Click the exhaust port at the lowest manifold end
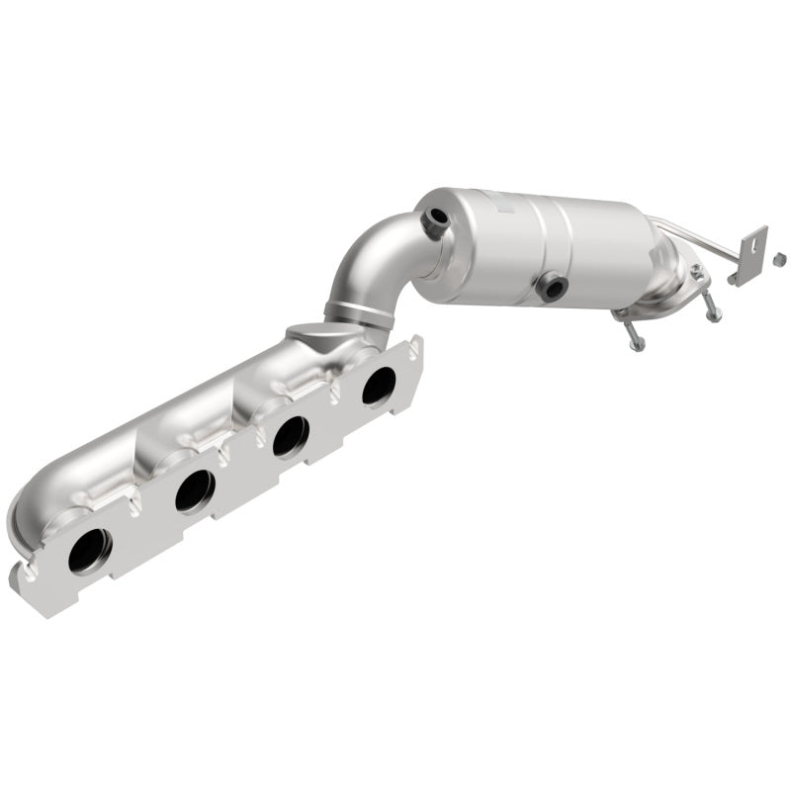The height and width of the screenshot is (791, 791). [x=89, y=550]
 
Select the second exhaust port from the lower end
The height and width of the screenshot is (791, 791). [x=195, y=489]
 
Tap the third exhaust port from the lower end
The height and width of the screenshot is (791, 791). [x=289, y=435]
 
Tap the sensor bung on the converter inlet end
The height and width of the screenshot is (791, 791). [x=432, y=221]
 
